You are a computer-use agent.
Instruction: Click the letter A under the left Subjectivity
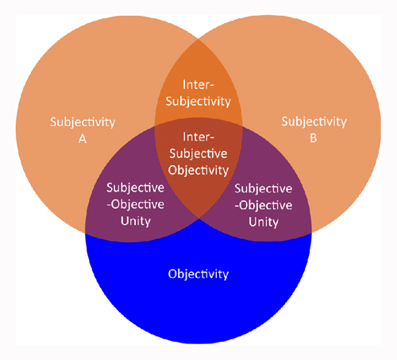click(83, 138)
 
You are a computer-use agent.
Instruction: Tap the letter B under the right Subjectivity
click(314, 138)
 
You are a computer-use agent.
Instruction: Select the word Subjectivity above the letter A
click(83, 122)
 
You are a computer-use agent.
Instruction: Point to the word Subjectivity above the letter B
click(314, 122)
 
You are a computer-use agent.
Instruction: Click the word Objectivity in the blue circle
click(198, 274)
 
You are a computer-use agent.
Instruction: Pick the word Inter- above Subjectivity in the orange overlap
click(198, 85)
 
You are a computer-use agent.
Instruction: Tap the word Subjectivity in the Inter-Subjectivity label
click(198, 102)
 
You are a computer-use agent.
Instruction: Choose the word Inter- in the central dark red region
click(198, 137)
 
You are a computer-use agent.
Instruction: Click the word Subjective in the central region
click(198, 154)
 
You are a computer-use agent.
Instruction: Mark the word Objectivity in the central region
click(198, 171)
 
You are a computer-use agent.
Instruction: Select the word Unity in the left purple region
click(136, 221)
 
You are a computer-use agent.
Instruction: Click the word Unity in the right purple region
click(264, 222)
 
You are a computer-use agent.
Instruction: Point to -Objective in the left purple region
click(135, 204)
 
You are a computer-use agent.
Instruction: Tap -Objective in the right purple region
click(264, 205)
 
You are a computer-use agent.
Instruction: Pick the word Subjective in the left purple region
click(135, 188)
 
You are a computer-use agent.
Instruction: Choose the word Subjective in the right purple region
click(264, 189)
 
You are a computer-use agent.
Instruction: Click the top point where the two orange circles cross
click(198, 40)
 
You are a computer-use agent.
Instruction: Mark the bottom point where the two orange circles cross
click(198, 219)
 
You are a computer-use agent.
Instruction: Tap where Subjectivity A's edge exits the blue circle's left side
click(85, 233)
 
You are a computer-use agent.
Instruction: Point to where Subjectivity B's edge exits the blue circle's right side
click(311, 233)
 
